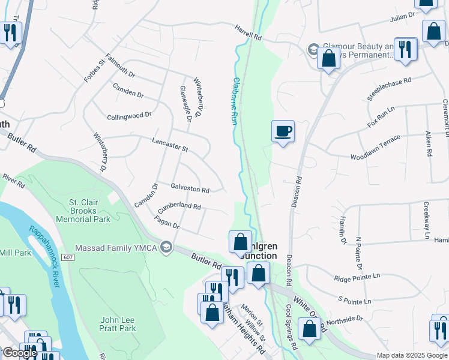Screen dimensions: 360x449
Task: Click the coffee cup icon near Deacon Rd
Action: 283,131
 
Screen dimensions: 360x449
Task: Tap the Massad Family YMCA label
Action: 116,248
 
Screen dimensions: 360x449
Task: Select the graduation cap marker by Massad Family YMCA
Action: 167,247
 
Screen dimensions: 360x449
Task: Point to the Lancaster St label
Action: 170,145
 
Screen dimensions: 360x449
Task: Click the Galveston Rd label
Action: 190,189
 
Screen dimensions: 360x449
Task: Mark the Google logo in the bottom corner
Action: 20,353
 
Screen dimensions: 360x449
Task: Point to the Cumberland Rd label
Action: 179,208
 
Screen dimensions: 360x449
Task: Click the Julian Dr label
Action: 403,16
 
